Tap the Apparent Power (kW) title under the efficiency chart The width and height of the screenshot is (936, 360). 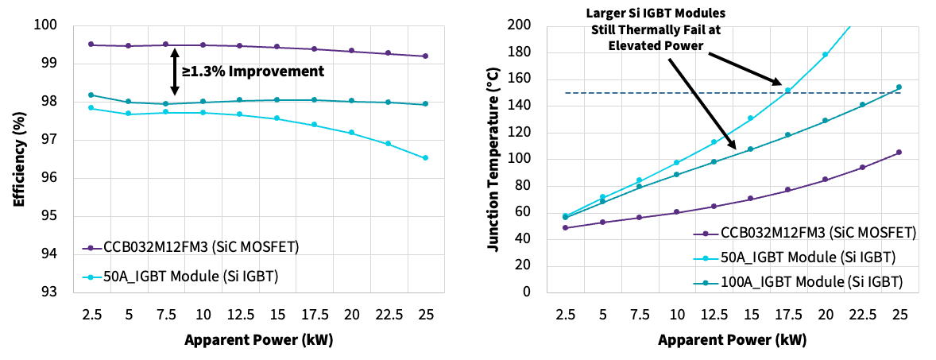[x=258, y=340]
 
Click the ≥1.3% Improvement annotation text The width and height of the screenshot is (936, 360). [x=253, y=72]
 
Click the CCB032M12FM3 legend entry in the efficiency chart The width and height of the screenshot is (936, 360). [x=191, y=247]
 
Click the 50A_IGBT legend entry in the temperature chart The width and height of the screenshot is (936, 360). [x=795, y=257]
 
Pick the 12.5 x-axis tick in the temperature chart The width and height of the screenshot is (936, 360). [x=714, y=314]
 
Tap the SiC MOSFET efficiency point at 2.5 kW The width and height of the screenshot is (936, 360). [x=91, y=45]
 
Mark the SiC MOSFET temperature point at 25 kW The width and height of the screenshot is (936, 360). [x=899, y=152]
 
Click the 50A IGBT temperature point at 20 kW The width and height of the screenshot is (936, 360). [x=825, y=55]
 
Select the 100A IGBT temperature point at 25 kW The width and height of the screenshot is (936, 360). [x=899, y=87]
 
